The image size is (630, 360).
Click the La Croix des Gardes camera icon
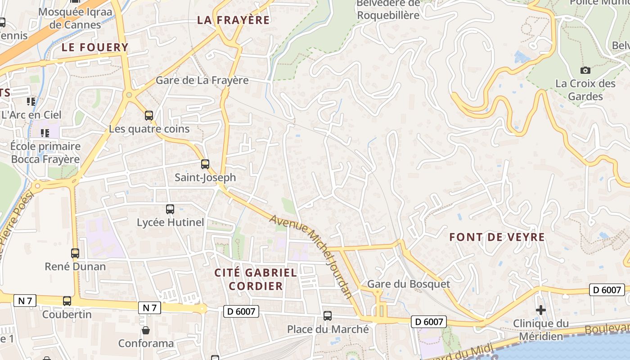[585, 70]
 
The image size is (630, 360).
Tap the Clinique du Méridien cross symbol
[541, 310]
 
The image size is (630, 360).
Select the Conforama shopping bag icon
[146, 331]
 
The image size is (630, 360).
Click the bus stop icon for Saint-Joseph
[205, 164]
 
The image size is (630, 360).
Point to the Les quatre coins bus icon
[149, 116]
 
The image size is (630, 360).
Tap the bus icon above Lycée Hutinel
[170, 209]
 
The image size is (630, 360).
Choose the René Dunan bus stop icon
[75, 253]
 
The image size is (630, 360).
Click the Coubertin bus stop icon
[67, 301]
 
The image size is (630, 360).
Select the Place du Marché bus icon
[328, 316]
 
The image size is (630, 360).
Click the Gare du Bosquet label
[408, 284]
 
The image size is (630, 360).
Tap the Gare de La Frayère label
[202, 80]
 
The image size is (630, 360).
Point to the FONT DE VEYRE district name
[497, 237]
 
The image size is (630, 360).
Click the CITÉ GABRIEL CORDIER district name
[256, 279]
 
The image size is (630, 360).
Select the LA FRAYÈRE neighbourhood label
[234, 20]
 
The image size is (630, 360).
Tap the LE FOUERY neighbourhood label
[95, 47]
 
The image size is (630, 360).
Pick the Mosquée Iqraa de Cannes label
[75, 18]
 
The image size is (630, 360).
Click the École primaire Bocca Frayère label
[45, 153]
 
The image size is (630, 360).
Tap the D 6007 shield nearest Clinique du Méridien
[607, 290]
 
